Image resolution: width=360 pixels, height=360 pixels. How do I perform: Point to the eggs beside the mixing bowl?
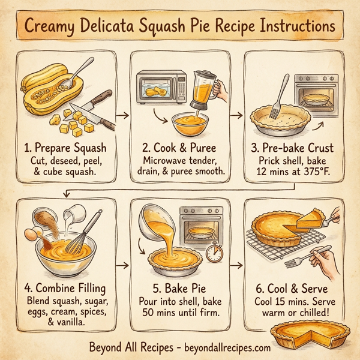(34, 233)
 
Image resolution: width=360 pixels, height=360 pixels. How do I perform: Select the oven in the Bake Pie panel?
(201, 229)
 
